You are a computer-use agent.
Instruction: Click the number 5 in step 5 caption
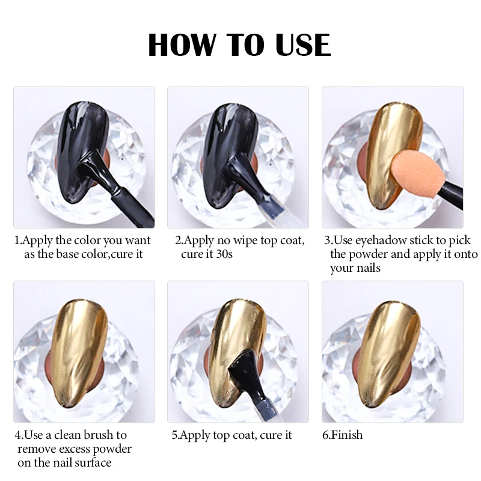[x=174, y=435]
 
